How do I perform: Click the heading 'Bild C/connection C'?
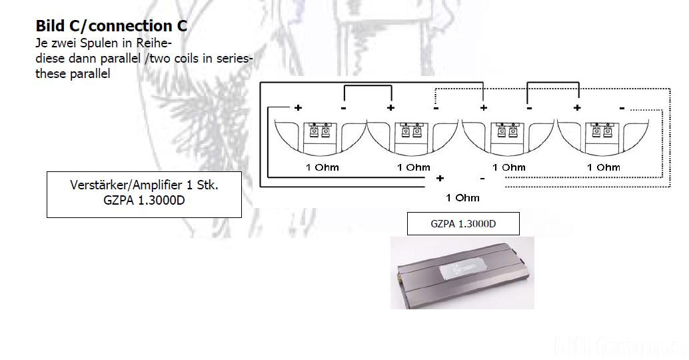[x=111, y=26]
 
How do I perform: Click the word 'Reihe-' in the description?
[x=153, y=43]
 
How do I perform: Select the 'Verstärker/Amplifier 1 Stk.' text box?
[x=144, y=194]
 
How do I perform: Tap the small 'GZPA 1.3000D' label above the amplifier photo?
[x=463, y=224]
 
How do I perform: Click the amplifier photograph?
[x=462, y=273]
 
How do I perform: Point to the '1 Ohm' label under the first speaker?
[x=322, y=167]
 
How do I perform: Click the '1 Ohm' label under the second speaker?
[x=414, y=167]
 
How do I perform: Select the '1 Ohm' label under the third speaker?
[x=508, y=167]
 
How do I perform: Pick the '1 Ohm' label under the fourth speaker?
[x=603, y=167]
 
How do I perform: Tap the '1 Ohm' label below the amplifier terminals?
[x=462, y=198]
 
